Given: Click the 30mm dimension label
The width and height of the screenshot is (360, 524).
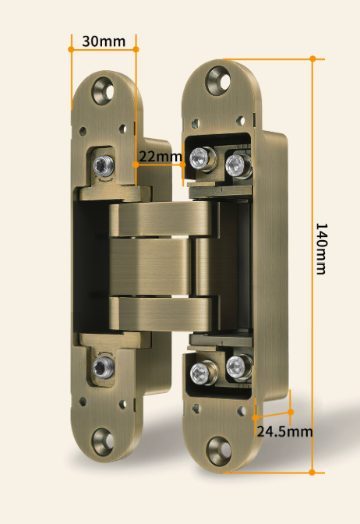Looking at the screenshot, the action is [104, 41].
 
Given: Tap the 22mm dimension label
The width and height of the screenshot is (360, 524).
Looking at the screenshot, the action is [161, 157].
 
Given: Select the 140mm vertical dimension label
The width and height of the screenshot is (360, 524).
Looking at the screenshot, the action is [321, 249].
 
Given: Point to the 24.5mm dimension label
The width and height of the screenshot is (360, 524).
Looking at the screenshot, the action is [285, 431].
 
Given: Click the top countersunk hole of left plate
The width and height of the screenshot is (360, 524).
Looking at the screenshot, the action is [103, 90].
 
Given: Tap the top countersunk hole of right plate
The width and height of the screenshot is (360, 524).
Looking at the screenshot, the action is [217, 80].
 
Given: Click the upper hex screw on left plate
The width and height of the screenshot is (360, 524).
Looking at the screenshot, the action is [104, 166].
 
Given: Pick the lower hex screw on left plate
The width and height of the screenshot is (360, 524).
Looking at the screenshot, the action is [104, 367].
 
